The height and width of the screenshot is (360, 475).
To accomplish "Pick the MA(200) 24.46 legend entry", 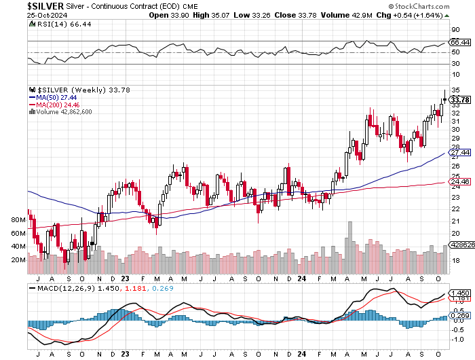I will [54, 105].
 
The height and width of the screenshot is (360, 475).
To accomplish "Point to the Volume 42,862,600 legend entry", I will [62, 112].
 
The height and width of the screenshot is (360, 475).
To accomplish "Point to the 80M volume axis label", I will [18, 221].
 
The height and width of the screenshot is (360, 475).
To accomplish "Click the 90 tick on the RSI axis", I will [455, 31].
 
